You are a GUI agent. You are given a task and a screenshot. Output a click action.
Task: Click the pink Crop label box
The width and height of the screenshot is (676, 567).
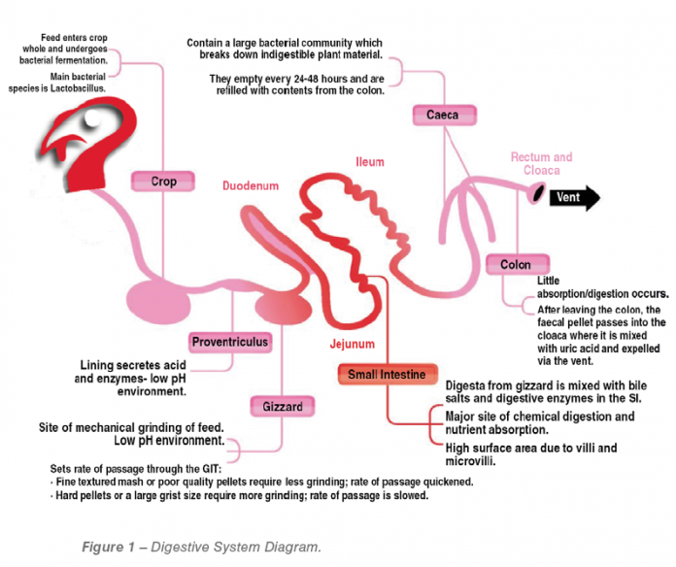coord(160,181)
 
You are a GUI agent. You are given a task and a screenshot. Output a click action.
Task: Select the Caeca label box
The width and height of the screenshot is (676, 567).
coord(442,116)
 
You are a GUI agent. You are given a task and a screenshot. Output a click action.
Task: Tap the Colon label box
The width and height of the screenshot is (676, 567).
coord(516,264)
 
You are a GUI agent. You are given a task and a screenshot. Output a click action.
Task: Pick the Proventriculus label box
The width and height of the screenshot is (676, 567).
coord(229,342)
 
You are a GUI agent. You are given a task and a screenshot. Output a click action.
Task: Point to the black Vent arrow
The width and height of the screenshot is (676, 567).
coord(574,198)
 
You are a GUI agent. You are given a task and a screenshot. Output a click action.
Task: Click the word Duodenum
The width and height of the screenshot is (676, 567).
coord(250,184)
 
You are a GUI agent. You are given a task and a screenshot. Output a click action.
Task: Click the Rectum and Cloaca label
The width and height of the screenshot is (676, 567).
coord(541,163)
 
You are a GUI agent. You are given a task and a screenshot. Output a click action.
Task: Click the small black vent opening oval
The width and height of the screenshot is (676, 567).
coord(535,194)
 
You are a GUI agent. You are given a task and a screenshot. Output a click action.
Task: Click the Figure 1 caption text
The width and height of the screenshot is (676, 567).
coord(201,548)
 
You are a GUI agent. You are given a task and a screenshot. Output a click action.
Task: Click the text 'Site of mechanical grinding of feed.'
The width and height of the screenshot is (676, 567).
coord(132,427)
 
